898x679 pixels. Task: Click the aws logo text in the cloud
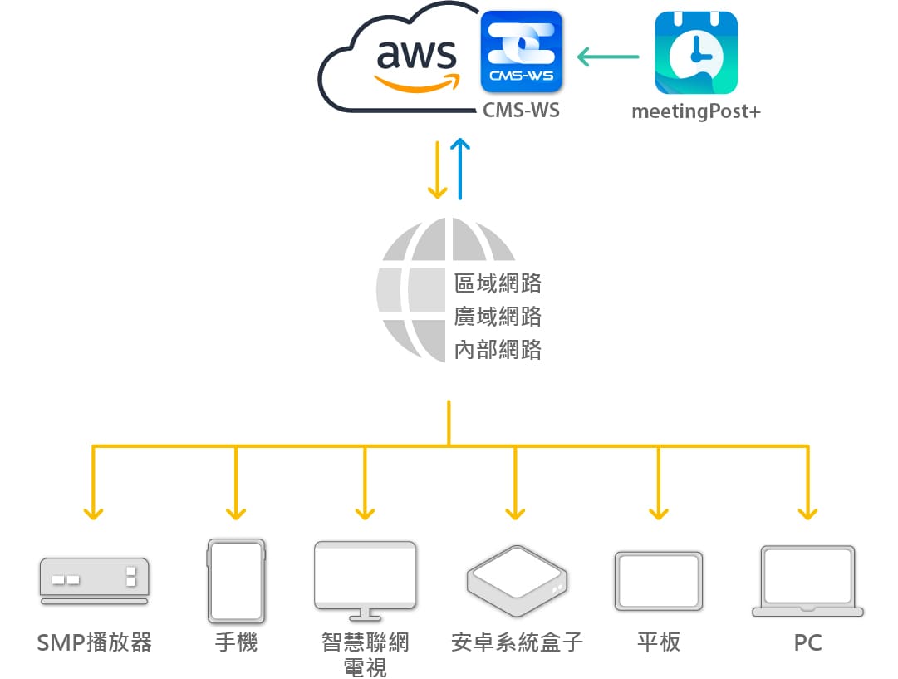click(417, 57)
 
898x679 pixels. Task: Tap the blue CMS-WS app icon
click(522, 52)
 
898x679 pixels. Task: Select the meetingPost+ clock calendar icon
click(695, 52)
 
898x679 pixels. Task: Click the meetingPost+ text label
click(695, 111)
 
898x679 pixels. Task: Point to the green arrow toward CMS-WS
click(608, 57)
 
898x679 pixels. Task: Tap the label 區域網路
click(498, 283)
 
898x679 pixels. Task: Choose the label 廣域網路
click(498, 317)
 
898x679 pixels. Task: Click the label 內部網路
click(498, 350)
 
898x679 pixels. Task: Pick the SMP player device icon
click(94, 580)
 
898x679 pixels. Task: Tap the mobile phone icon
click(236, 581)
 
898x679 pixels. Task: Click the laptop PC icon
click(807, 581)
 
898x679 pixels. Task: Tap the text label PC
click(807, 643)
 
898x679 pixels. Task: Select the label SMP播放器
click(95, 643)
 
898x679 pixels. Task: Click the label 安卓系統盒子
click(517, 643)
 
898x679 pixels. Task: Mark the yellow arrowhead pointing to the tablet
click(659, 513)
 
